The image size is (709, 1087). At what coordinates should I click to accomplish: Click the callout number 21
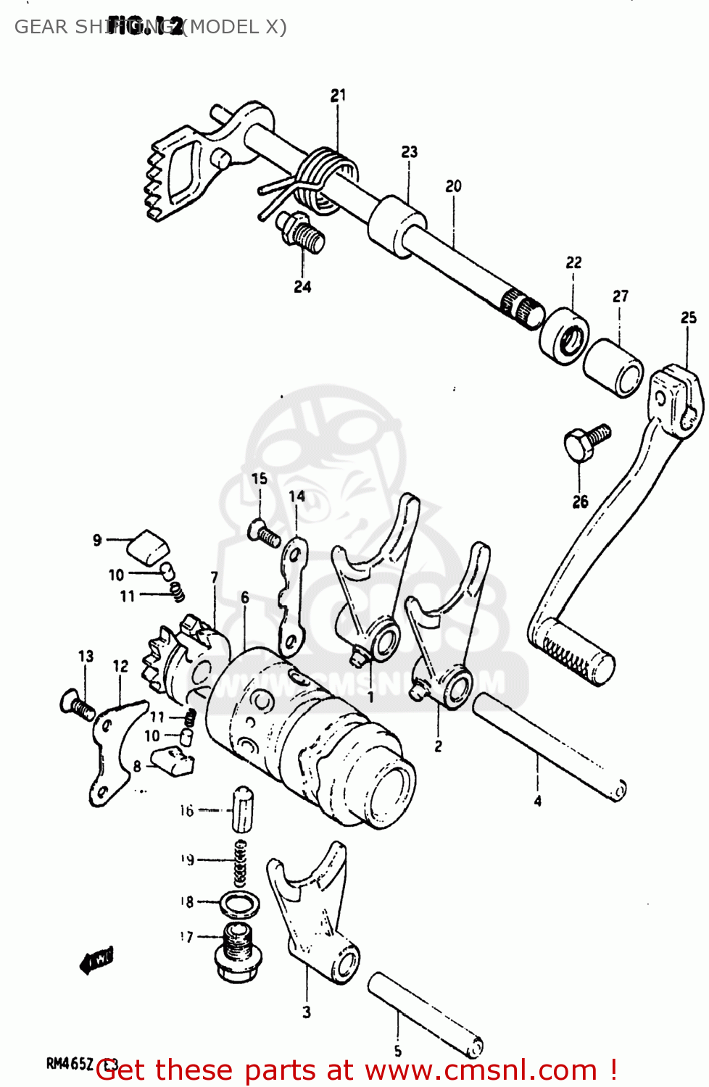click(339, 95)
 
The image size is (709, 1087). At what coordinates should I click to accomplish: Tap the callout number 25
click(688, 317)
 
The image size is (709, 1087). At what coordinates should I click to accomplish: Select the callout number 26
click(580, 501)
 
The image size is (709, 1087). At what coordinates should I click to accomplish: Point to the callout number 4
click(537, 801)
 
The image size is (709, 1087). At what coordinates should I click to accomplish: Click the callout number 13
click(86, 656)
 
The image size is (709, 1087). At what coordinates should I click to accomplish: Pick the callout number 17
click(187, 937)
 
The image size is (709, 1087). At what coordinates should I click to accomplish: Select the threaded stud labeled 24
click(303, 231)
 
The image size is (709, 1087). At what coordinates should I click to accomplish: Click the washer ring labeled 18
click(240, 903)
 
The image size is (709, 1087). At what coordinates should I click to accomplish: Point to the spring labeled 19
click(240, 862)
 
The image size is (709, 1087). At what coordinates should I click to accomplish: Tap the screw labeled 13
click(75, 704)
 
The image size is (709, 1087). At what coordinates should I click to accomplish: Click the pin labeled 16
click(242, 807)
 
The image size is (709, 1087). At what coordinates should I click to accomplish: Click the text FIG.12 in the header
click(145, 27)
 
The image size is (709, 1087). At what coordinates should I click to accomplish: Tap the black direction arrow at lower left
click(96, 962)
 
